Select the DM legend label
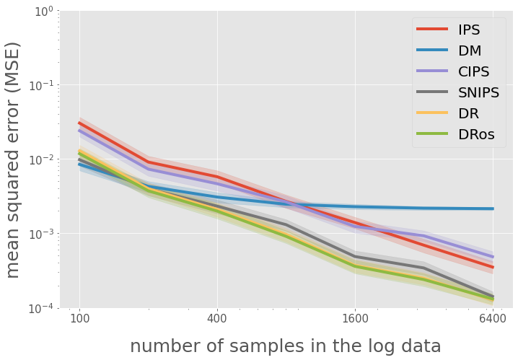pos(470,51)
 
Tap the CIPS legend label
pos(474,72)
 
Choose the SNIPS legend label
pos(480,93)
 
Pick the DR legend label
pos(469,114)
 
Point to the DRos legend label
pos(481,135)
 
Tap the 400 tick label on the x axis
pos(217,318)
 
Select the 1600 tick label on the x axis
pos(355,318)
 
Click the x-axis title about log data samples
pos(286,346)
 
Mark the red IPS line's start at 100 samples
pos(79,123)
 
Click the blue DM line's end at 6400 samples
pos(493,208)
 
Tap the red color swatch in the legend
pos(431,30)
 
